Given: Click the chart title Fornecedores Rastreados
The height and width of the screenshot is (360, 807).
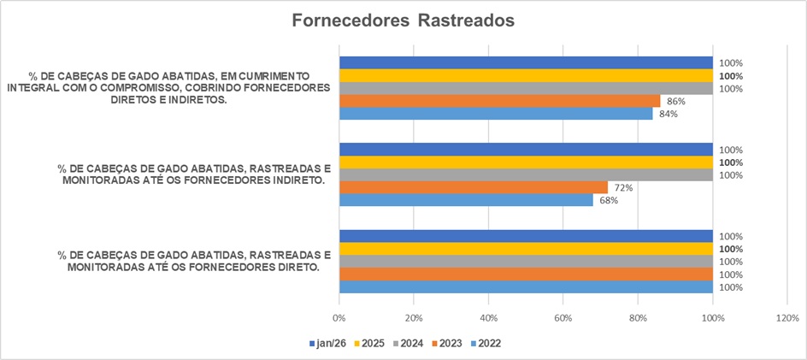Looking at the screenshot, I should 403,21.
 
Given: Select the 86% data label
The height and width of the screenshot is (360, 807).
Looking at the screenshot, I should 677,101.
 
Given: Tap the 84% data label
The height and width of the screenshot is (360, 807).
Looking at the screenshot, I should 669,114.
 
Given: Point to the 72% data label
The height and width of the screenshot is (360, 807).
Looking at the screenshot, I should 624,187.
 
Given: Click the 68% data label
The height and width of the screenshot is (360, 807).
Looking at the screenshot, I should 610,201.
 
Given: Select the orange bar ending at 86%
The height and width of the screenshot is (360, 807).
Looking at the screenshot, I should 500,101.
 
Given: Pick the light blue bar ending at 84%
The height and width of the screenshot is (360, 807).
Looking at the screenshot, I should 496,114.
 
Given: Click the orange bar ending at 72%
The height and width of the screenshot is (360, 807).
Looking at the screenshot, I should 474,187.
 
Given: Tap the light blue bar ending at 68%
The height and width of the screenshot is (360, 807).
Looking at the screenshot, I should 466,200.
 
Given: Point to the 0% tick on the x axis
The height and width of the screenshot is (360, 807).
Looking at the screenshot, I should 339,318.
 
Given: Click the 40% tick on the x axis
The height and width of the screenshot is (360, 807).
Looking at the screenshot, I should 488,318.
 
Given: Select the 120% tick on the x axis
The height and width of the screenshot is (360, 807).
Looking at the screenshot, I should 786,318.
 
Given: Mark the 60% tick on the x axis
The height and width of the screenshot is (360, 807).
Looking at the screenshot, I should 563,318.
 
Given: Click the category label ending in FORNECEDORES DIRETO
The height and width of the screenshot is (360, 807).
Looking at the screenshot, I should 192,261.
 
